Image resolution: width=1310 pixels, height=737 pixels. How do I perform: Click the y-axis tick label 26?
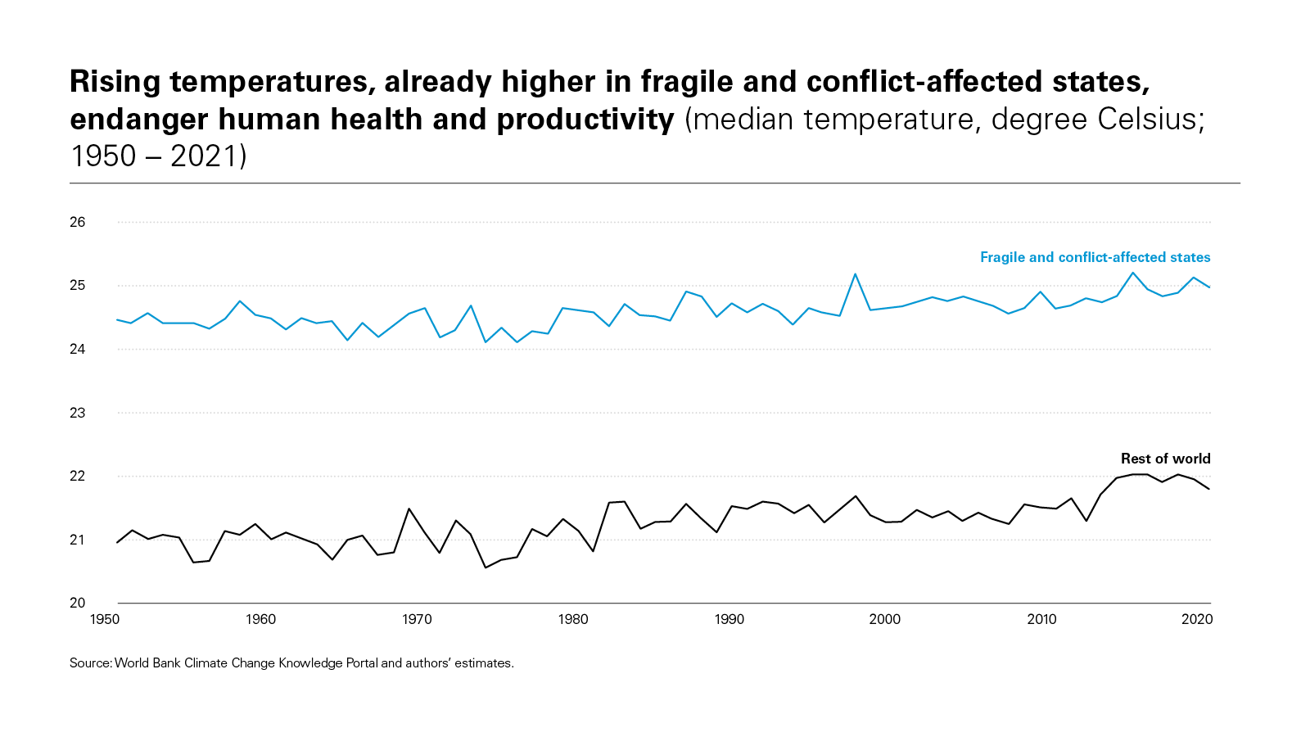pyautogui.click(x=78, y=222)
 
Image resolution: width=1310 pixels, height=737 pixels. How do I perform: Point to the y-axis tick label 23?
pyautogui.click(x=78, y=413)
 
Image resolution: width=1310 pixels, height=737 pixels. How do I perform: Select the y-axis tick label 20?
pyautogui.click(x=78, y=603)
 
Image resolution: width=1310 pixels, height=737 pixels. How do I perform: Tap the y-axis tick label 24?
pyautogui.click(x=78, y=349)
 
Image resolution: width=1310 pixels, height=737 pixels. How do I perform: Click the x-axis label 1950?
pyautogui.click(x=104, y=620)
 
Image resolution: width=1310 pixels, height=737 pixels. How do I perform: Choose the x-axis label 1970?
pyautogui.click(x=417, y=620)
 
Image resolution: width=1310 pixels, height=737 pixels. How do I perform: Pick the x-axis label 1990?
pyautogui.click(x=729, y=620)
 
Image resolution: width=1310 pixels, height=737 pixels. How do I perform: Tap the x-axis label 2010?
pyautogui.click(x=1041, y=620)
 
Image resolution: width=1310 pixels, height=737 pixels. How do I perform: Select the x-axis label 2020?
pyautogui.click(x=1197, y=620)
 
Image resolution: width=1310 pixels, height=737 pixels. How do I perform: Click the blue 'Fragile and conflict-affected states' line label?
pyautogui.click(x=1095, y=257)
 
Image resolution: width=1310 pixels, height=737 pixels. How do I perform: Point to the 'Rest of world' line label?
pyautogui.click(x=1165, y=459)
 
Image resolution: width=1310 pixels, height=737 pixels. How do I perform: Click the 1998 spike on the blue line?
pyautogui.click(x=855, y=274)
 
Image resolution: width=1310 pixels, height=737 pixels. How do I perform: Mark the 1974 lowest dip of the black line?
pyautogui.click(x=486, y=567)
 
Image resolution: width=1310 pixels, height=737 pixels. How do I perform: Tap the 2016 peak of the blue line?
pyautogui.click(x=1133, y=273)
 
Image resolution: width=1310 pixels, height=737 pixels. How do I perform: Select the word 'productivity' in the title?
pyautogui.click(x=585, y=120)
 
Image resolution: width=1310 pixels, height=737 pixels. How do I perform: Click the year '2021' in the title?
pyautogui.click(x=204, y=156)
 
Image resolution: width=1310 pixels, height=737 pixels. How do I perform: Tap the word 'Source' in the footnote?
pyautogui.click(x=89, y=663)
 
